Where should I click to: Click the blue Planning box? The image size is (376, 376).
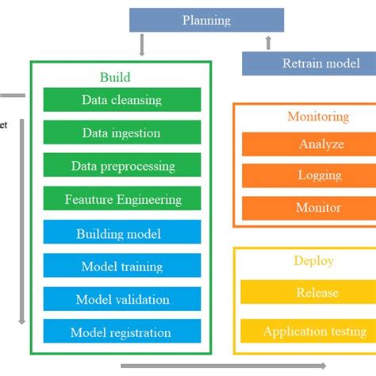point(206,20)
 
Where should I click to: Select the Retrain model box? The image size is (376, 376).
point(309,63)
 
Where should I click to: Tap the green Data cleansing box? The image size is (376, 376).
point(121,100)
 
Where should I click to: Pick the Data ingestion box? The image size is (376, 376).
point(121,132)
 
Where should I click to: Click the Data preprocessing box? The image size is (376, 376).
point(121,166)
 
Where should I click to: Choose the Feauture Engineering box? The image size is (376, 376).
point(121,199)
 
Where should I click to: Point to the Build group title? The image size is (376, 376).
point(115,77)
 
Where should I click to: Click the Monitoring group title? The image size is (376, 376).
point(317,117)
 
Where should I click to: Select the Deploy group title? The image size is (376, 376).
point(314,260)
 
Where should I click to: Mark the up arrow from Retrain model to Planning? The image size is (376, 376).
point(269,42)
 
